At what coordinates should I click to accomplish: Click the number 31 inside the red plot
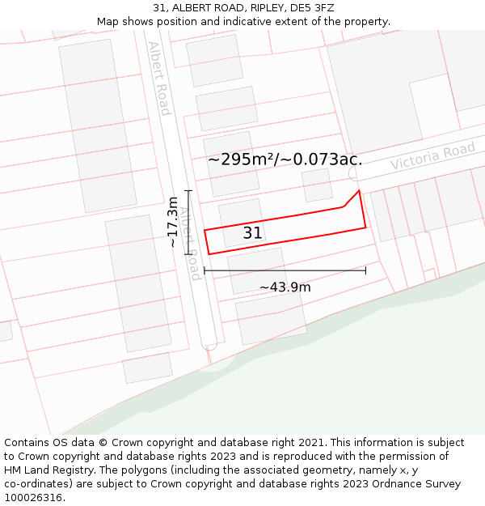[252, 233]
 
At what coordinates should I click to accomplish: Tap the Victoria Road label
[432, 155]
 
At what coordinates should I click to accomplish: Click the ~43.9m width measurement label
[285, 287]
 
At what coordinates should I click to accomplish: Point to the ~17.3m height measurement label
[172, 222]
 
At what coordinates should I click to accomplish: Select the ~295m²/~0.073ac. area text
[285, 159]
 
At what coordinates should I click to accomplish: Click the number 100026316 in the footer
[33, 497]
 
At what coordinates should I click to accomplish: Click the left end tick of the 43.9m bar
[205, 270]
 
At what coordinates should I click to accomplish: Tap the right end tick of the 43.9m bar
[365, 270]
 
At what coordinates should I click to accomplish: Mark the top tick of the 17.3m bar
[188, 190]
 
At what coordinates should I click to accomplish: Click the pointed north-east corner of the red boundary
[359, 191]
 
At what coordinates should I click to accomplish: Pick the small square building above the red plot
[317, 185]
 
